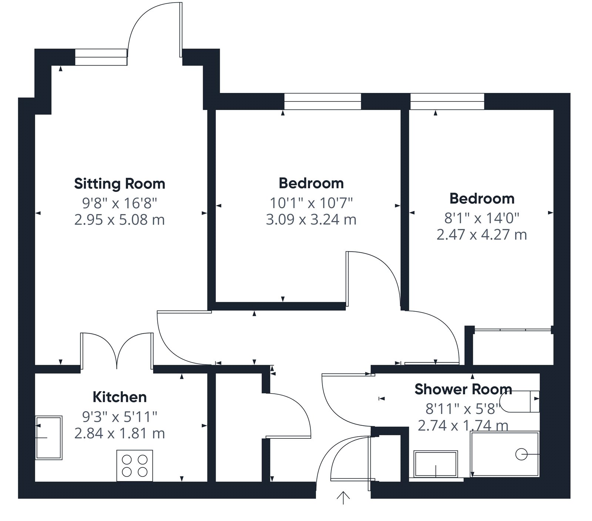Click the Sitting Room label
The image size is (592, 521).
pos(120,184)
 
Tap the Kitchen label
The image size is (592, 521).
pos(120,397)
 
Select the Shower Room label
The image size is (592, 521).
pos(463,389)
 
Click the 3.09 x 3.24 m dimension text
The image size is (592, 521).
pos(311,220)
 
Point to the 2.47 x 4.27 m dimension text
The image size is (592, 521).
pos(482,235)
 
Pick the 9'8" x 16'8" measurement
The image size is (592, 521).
pos(120,203)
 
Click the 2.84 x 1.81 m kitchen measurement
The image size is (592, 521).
pos(120,433)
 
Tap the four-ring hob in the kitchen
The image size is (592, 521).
pos(135,465)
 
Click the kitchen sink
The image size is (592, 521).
pos(48,438)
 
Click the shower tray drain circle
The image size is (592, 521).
pos(521,454)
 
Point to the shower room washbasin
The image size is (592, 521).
pos(436,464)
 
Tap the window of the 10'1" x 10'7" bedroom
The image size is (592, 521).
pos(322,101)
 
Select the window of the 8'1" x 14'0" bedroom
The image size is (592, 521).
pos(447,101)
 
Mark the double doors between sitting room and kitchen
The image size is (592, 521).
pos(117,350)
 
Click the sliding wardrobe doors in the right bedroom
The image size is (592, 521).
pos(513,330)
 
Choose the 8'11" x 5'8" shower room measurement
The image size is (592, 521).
pos(463,408)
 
